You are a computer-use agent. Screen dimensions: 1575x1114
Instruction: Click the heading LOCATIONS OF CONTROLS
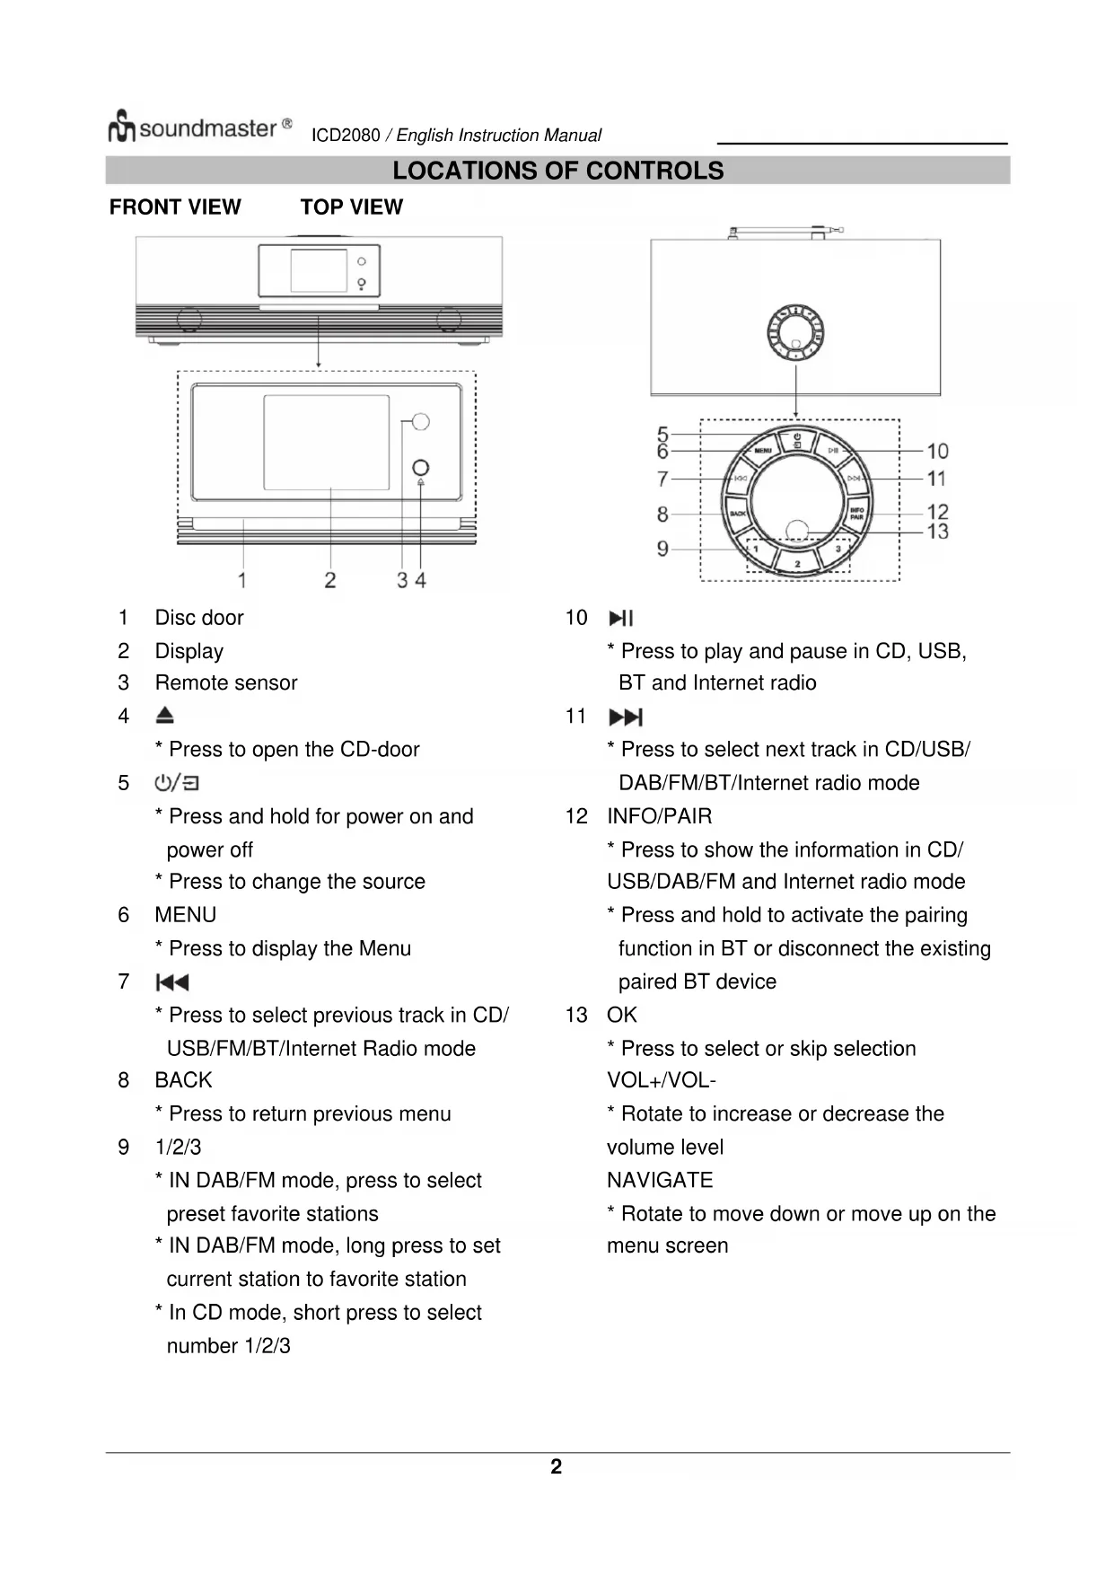tap(557, 171)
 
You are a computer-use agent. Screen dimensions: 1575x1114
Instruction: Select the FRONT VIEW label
tap(175, 207)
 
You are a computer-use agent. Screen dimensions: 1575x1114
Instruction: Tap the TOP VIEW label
tap(351, 207)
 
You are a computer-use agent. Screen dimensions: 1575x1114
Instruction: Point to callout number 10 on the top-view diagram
tap(937, 451)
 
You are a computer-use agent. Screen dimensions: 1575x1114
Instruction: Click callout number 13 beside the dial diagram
tap(937, 532)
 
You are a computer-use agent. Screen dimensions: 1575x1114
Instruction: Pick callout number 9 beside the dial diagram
tap(662, 548)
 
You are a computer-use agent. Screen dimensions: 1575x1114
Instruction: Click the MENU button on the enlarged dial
tap(763, 451)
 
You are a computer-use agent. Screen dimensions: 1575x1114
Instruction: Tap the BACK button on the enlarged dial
tap(738, 514)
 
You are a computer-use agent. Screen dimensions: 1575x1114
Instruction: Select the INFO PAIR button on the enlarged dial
tap(856, 514)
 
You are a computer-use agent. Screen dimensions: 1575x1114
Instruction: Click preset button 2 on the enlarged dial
tap(797, 563)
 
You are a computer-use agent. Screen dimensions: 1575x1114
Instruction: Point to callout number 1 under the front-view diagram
tap(242, 580)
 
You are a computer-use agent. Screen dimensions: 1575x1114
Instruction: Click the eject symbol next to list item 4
tap(164, 716)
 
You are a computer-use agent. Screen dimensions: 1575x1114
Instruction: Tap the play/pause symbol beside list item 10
tap(621, 618)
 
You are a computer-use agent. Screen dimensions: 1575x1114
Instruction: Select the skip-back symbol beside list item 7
tap(172, 982)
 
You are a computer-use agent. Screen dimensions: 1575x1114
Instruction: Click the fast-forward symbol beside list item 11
tap(626, 717)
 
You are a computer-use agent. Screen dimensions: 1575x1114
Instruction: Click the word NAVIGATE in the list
tap(660, 1180)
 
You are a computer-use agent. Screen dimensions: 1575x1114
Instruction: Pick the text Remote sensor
tap(226, 682)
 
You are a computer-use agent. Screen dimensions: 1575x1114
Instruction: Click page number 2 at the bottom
tap(557, 1466)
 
